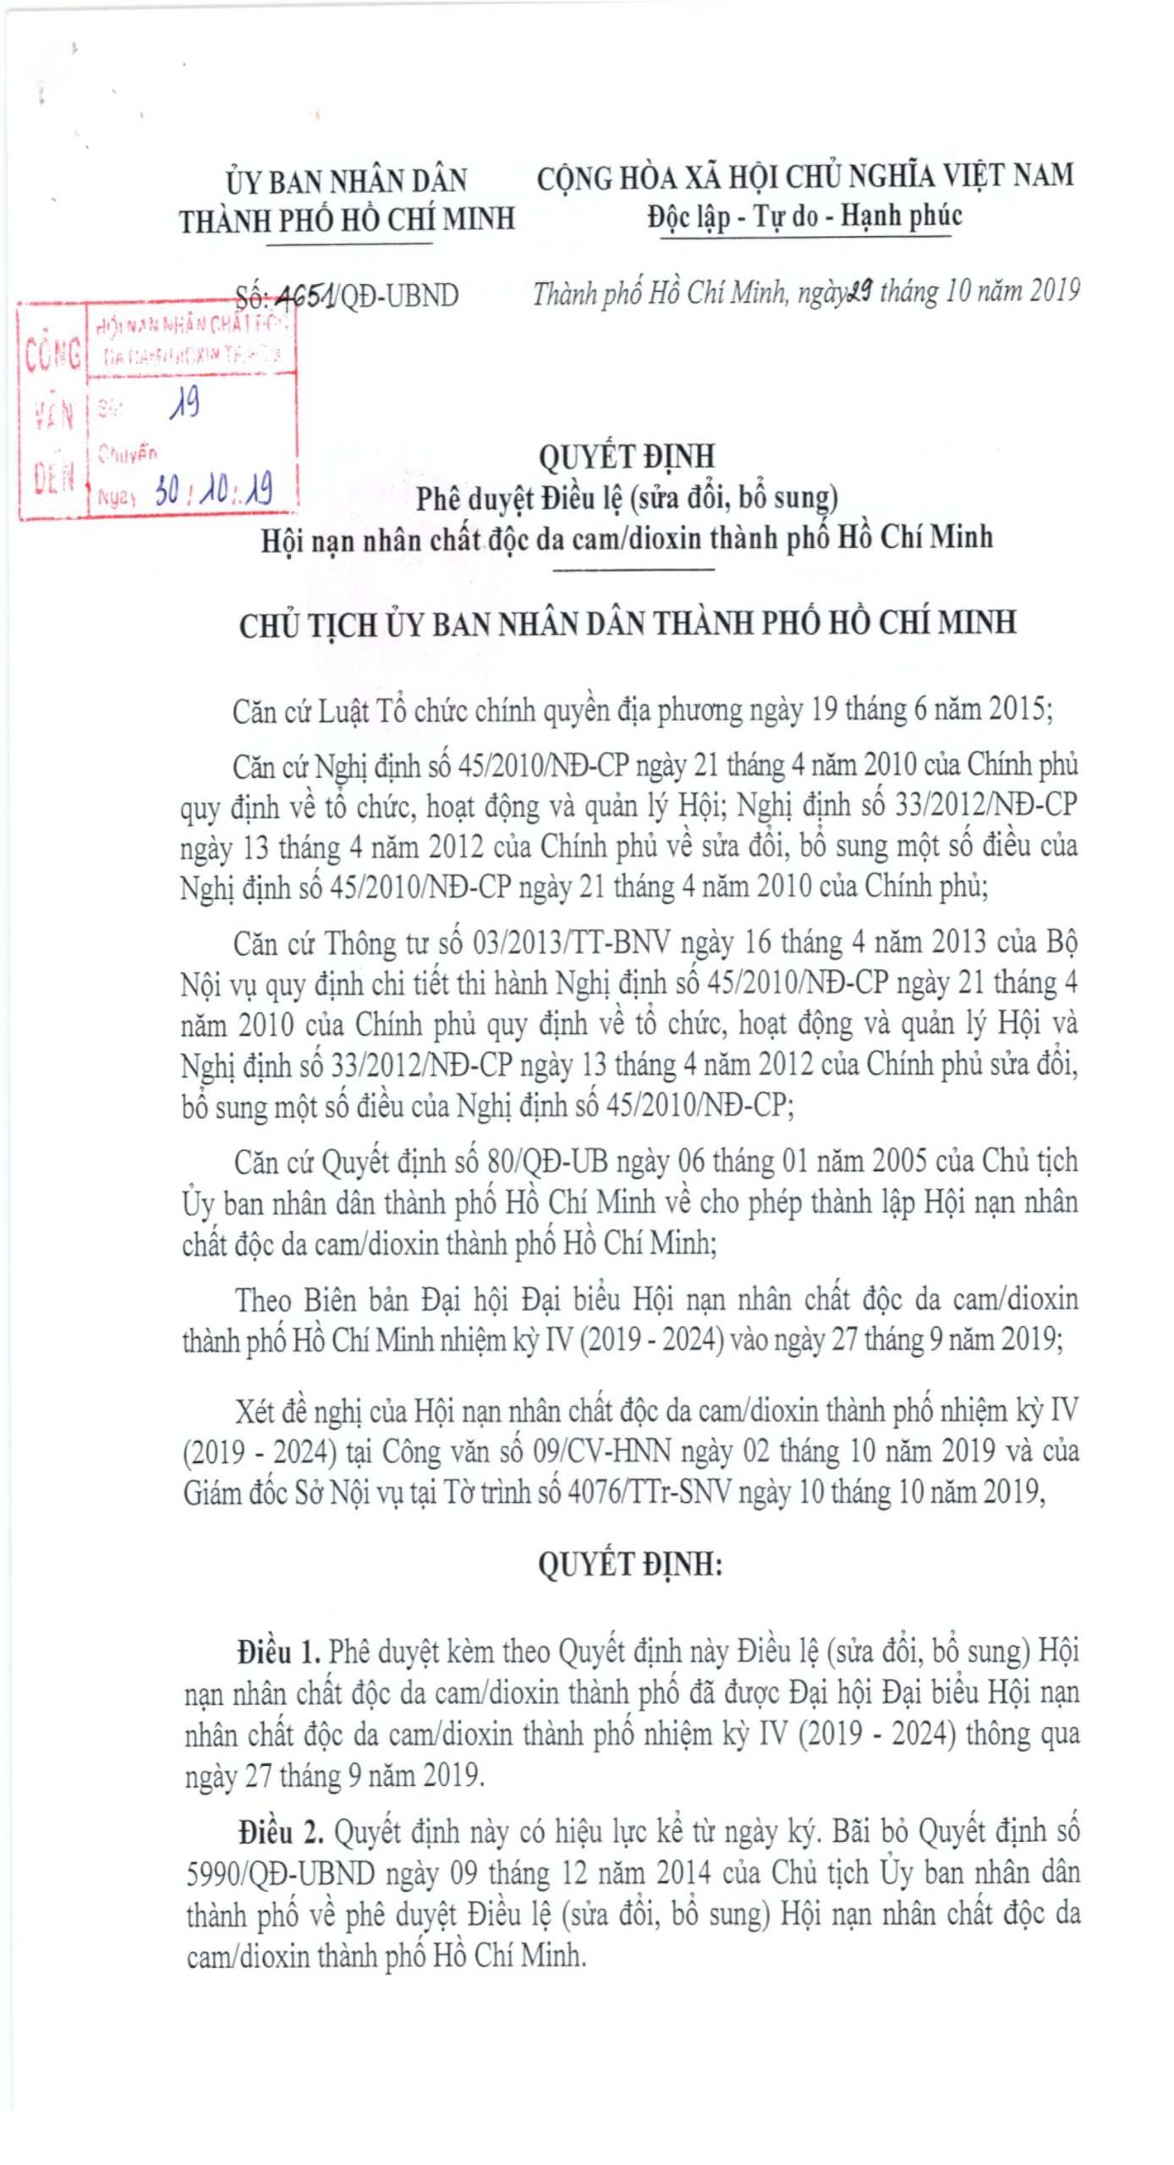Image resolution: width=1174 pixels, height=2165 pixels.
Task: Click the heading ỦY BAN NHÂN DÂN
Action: click(x=346, y=181)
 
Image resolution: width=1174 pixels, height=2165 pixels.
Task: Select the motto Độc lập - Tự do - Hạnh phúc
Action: click(x=804, y=216)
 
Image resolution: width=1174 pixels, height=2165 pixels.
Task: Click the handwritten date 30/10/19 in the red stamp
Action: click(x=213, y=490)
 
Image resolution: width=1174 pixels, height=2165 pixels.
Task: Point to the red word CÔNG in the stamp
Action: click(x=52, y=354)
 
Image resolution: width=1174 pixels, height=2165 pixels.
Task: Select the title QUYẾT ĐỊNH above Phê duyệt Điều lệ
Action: click(x=627, y=457)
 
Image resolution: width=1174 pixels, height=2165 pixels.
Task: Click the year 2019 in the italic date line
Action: click(x=1054, y=292)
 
